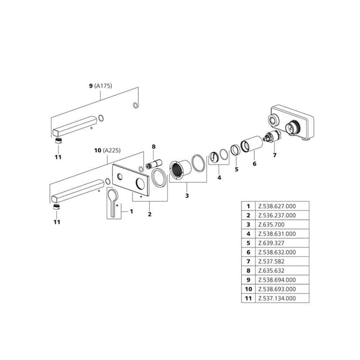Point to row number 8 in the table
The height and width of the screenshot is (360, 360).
(247, 271)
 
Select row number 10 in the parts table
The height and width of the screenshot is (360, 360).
(247, 289)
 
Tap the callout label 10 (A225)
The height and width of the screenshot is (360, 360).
(107, 151)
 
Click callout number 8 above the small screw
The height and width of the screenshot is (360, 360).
(152, 147)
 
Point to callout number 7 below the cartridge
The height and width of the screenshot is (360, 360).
(274, 155)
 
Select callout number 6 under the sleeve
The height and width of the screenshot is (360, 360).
(254, 164)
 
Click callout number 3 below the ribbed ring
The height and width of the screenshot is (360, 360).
(187, 196)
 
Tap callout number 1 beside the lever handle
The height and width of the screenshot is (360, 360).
(131, 211)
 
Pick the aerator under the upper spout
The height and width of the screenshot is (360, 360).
(57, 145)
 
